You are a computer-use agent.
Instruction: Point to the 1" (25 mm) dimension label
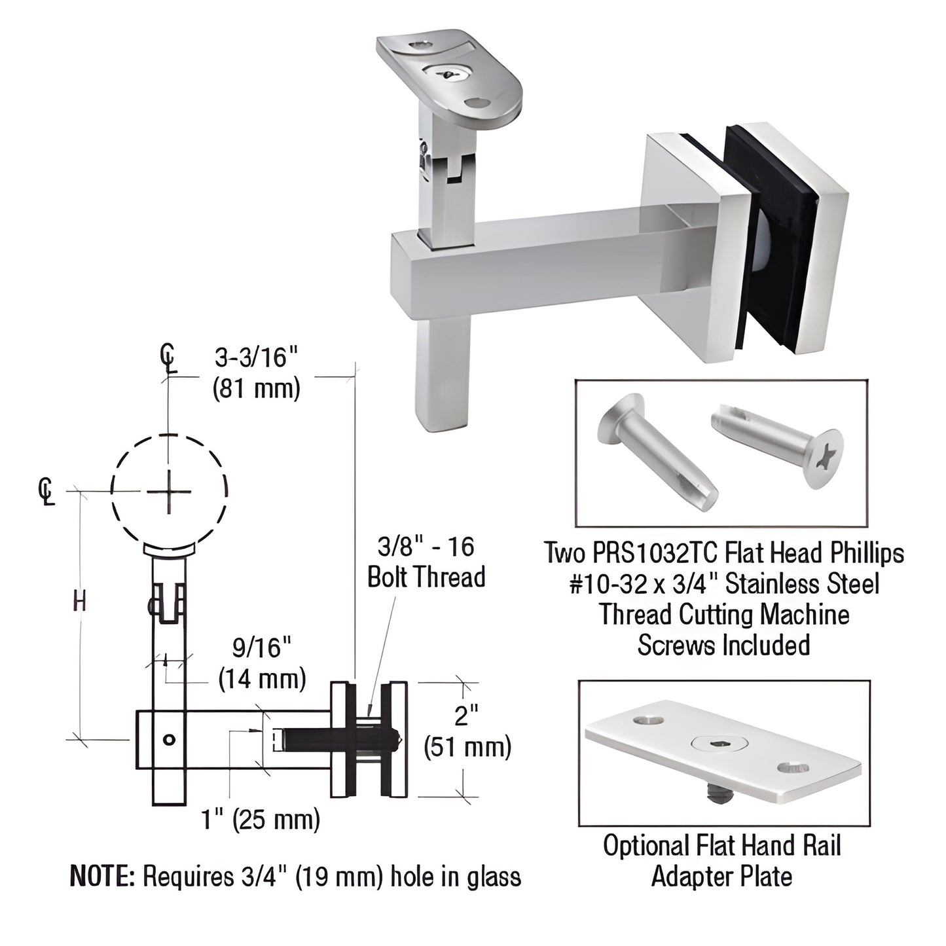tap(261, 819)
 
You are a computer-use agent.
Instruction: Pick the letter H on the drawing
tap(79, 601)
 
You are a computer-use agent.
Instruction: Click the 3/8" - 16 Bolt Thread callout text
tap(426, 562)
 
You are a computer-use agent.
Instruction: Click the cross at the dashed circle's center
tap(169, 491)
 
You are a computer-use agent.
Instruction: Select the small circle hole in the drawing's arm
tap(169, 740)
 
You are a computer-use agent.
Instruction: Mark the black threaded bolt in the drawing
tap(327, 740)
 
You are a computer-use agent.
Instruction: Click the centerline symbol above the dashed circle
tap(169, 358)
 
